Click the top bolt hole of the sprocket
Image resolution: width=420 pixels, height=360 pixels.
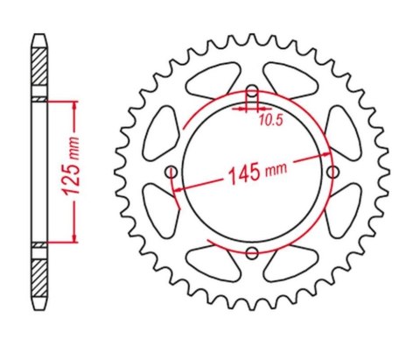pos(252,93)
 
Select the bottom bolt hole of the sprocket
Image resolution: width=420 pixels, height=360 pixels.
pos(252,252)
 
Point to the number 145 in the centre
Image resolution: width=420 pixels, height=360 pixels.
pos(241,173)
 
